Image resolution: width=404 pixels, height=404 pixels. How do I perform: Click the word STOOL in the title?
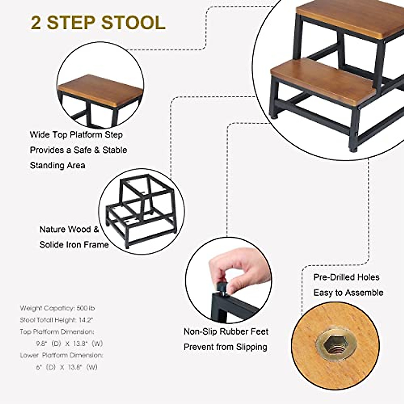(x=133, y=23)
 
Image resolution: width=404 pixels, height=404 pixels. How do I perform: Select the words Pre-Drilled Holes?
(x=346, y=277)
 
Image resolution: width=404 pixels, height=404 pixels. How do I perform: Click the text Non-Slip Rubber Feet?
(x=226, y=332)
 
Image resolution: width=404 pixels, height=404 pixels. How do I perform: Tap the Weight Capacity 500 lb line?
(x=57, y=308)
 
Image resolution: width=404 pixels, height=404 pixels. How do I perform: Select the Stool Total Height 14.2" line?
(x=56, y=320)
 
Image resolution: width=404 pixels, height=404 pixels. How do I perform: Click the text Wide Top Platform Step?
(x=76, y=135)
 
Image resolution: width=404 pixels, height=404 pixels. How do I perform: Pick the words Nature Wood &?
(x=69, y=230)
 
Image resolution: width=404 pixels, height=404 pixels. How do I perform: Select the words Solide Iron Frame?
(x=74, y=245)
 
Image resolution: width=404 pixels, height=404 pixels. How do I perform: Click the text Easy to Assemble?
(x=348, y=293)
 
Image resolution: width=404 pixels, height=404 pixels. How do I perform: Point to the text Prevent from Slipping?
(x=225, y=347)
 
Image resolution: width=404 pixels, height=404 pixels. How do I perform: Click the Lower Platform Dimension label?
(x=61, y=355)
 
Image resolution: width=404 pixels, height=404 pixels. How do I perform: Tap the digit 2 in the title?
(x=36, y=23)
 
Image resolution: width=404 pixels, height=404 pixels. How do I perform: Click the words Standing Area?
(x=57, y=165)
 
